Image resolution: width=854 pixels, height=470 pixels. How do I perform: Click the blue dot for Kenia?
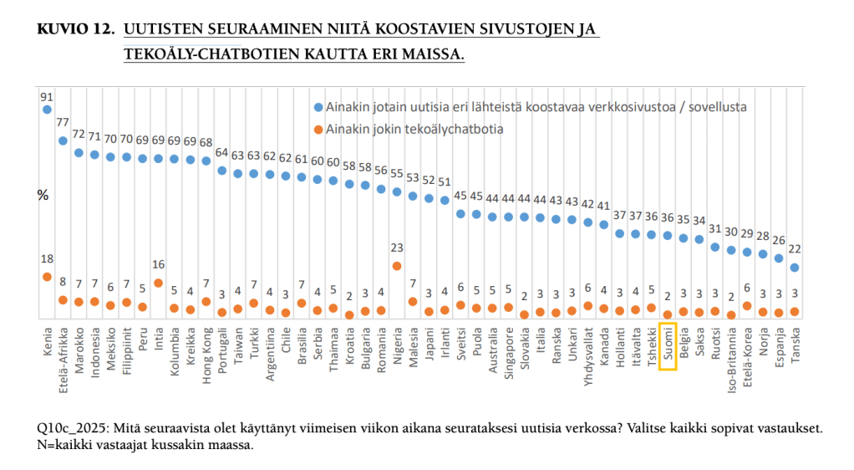[47, 110]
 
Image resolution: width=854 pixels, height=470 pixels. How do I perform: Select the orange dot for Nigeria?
[397, 266]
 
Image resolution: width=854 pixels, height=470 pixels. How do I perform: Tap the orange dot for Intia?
[159, 284]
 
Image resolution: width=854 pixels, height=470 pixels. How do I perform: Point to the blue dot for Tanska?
[795, 268]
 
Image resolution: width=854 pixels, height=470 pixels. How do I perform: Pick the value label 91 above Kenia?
[47, 96]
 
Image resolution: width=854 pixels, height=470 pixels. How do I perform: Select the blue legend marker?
[318, 108]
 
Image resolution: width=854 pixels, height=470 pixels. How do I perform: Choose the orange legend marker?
[318, 129]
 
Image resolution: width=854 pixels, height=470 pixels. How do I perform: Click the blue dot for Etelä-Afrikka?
[63, 140]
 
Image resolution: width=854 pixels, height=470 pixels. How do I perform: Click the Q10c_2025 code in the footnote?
[73, 428]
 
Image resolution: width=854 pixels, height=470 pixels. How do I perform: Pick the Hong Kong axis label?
[206, 352]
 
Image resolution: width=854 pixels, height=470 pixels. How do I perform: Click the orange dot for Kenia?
[47, 277]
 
